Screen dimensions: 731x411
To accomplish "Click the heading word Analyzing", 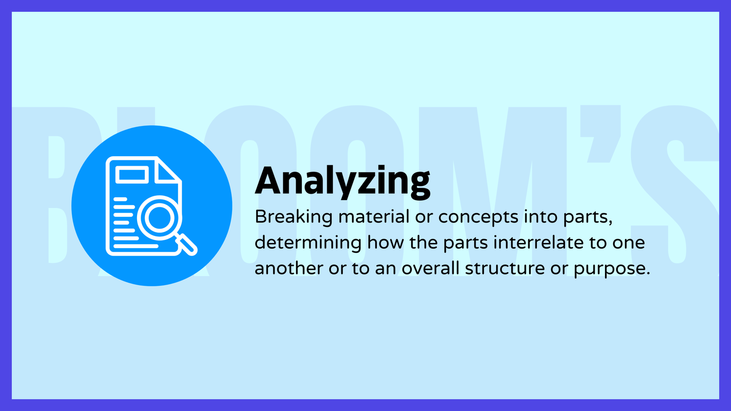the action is point(342,182).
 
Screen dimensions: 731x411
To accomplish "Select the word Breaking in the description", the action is point(293,217).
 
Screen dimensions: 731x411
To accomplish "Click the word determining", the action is point(308,243).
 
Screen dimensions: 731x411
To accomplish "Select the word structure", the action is point(505,269).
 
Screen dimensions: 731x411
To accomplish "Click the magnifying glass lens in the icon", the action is point(159,218).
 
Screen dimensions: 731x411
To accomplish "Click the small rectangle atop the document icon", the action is point(132,174).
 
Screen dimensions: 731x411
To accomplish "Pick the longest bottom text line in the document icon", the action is point(136,246).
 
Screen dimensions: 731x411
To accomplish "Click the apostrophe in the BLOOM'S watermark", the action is point(600,134).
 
